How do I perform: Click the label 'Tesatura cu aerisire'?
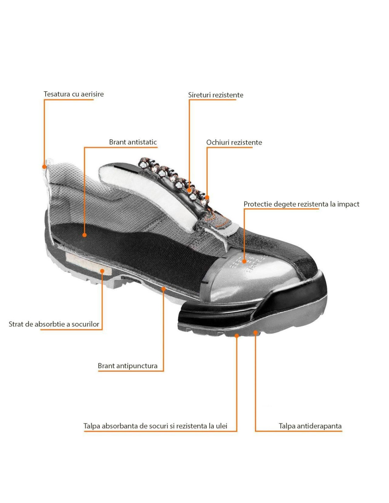tap(74, 94)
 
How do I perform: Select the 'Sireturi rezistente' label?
tap(215, 95)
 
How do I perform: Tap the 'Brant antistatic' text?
tap(133, 142)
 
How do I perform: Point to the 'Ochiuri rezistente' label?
tap(234, 142)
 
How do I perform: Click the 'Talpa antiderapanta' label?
tap(310, 426)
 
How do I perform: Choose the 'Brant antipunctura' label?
tap(128, 366)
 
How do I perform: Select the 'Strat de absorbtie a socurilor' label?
tap(54, 324)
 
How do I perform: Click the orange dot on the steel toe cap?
tap(244, 261)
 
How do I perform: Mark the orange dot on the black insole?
tap(85, 235)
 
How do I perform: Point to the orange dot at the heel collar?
tap(44, 167)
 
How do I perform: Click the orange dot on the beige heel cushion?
tap(102, 271)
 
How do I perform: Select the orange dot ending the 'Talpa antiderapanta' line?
tap(255, 333)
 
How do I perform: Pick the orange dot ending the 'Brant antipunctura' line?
tap(164, 289)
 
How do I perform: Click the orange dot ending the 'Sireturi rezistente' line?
tap(189, 190)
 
